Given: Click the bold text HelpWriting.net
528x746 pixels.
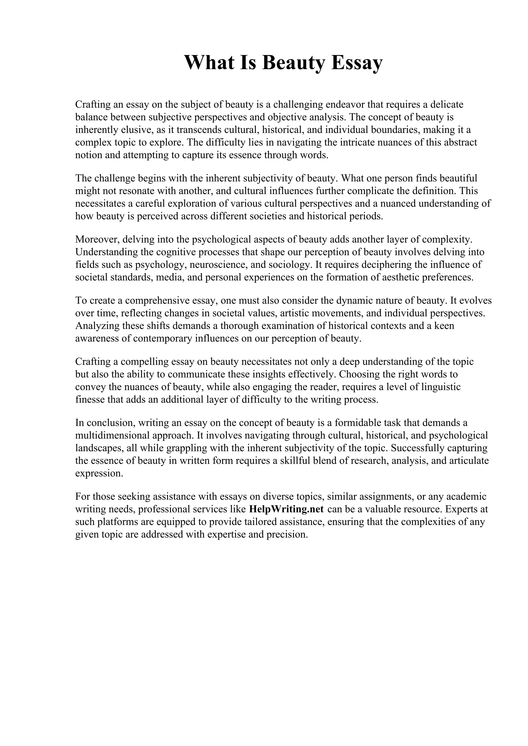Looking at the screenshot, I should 286,509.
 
